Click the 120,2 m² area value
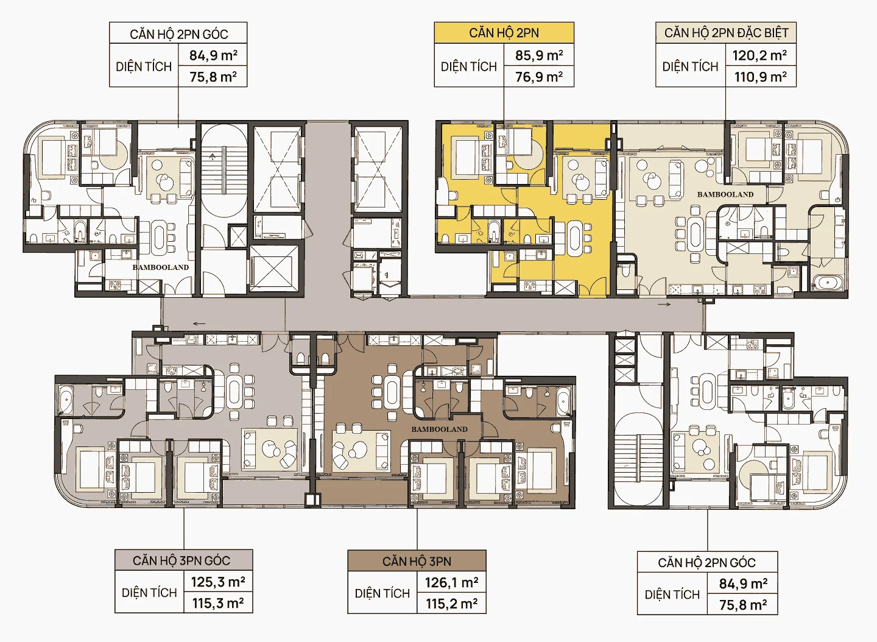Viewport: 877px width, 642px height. (x=759, y=55)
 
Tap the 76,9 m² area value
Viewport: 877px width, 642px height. (x=539, y=77)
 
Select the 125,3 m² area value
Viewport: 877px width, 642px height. (x=218, y=582)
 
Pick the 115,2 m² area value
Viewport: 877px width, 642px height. (x=452, y=604)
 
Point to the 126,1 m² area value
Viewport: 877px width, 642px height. (x=452, y=582)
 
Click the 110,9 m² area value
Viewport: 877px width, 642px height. (x=760, y=77)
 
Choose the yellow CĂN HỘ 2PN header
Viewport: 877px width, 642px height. (x=504, y=33)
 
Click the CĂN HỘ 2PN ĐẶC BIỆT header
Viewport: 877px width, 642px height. (x=726, y=33)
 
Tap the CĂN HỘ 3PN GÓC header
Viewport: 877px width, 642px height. (x=181, y=560)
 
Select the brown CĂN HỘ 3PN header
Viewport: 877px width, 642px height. (x=417, y=562)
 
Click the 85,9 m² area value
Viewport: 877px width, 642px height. (x=539, y=55)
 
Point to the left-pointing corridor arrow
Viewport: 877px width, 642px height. (x=200, y=323)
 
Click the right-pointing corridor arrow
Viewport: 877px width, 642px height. (x=664, y=304)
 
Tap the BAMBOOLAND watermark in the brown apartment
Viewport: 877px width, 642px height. (x=439, y=429)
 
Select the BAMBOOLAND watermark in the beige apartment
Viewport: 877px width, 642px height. (x=725, y=194)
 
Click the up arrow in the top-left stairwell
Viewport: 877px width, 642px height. (x=213, y=157)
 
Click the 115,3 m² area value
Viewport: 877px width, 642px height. (x=218, y=603)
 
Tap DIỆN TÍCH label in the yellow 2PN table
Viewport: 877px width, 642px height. (x=469, y=66)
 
